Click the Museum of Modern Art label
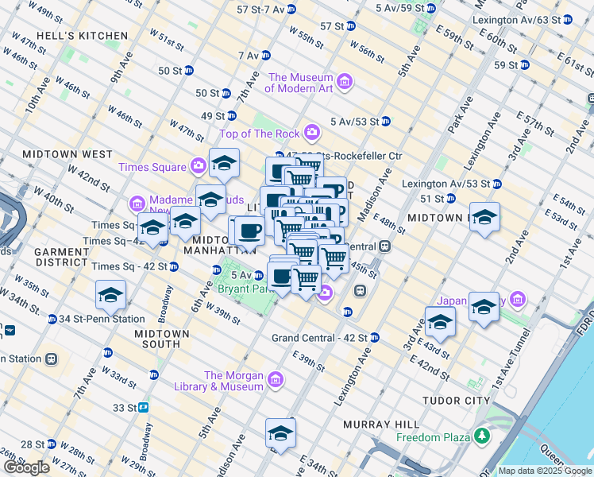pyautogui.click(x=299, y=83)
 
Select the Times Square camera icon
pyautogui.click(x=198, y=166)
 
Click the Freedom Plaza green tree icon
pyautogui.click(x=481, y=436)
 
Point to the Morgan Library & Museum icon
pyautogui.click(x=276, y=379)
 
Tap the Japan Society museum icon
pyautogui.click(x=518, y=301)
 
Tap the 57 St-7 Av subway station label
pyautogui.click(x=260, y=10)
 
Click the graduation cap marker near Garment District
pyautogui.click(x=110, y=295)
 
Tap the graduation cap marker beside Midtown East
pyautogui.click(x=484, y=216)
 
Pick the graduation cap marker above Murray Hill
pyautogui.click(x=280, y=432)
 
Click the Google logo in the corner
pyautogui.click(x=26, y=467)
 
